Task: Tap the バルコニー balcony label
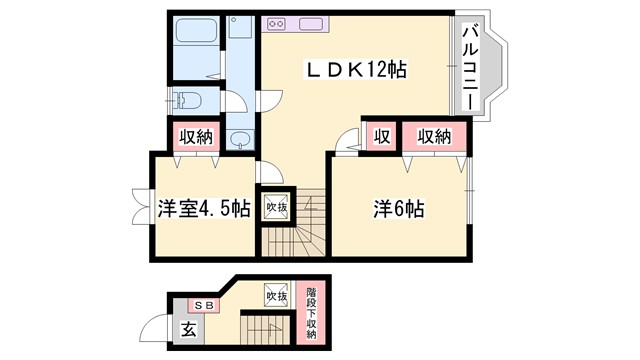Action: pos(468,70)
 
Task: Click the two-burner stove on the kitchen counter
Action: pos(277,22)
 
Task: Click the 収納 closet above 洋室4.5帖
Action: pos(196,137)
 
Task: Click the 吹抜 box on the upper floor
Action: pos(275,207)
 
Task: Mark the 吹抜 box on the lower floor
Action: pos(276,296)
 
